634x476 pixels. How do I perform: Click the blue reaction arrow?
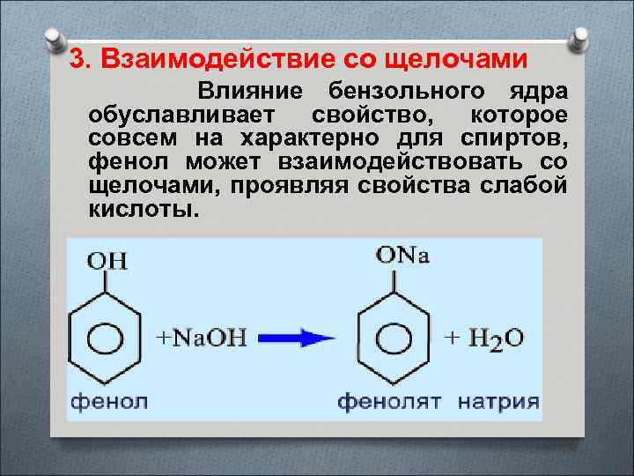[299, 337]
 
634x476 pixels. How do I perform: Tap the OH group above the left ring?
[107, 261]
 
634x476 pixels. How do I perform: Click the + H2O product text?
[483, 338]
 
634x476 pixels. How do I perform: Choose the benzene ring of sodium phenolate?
[394, 338]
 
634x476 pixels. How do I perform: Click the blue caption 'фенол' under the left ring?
[109, 401]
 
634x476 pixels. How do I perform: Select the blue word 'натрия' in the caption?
[498, 401]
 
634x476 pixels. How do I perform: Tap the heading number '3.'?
[81, 59]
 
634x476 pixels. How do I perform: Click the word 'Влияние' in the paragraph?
[250, 93]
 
